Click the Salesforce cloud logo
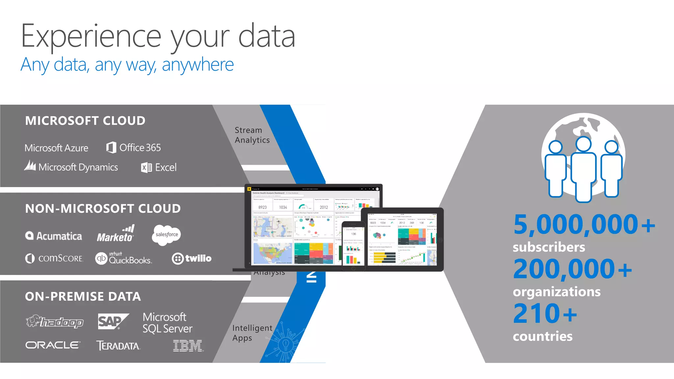[x=167, y=235]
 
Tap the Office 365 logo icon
[x=111, y=147]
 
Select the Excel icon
[x=146, y=167]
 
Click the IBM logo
[x=188, y=346]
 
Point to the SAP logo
[x=113, y=321]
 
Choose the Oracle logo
[x=53, y=345]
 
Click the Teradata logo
[x=118, y=346]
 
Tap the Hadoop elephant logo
[x=55, y=321]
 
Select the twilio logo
[x=192, y=258]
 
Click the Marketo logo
[x=116, y=234]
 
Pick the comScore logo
[x=54, y=258]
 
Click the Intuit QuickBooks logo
[x=123, y=259]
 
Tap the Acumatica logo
[x=54, y=236]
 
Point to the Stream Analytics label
[x=252, y=135]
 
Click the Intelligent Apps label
[x=252, y=333]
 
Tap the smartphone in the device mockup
[x=353, y=246]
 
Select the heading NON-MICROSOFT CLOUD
[x=103, y=209]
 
